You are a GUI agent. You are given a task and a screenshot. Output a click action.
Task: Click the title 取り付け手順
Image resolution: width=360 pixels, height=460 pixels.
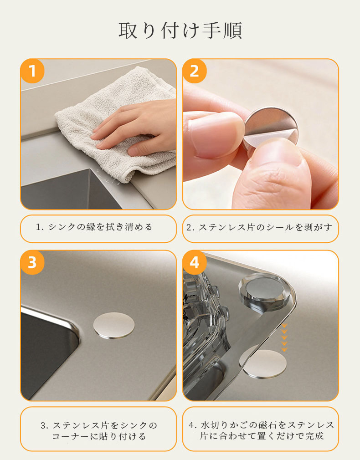(180, 31)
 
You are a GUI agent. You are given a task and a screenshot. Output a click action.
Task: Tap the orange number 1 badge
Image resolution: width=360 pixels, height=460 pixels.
(32, 72)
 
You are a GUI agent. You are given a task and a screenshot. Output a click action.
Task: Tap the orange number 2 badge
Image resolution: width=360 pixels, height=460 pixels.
(195, 72)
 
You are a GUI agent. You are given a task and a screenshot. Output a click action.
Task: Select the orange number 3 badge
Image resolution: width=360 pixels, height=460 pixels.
(32, 262)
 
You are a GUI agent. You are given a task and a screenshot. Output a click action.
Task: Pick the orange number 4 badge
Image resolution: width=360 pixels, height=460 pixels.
(195, 262)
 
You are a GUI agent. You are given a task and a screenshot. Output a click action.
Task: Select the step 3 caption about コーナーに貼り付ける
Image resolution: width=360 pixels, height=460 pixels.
(99, 431)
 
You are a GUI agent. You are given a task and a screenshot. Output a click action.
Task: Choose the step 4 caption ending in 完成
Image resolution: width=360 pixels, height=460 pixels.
(261, 430)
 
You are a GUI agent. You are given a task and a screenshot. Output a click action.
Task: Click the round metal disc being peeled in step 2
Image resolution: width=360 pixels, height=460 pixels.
(270, 128)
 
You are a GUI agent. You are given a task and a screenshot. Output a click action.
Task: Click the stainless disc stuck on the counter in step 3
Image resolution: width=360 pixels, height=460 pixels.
(114, 326)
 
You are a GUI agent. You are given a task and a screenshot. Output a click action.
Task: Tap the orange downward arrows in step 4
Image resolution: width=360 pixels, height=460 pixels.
(284, 337)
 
